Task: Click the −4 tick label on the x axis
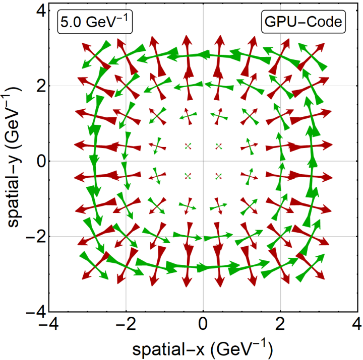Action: [48, 324]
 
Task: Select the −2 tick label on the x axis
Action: [126, 324]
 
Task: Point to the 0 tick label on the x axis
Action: [203, 324]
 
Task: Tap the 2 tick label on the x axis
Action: [280, 324]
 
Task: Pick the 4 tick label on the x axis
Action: [357, 324]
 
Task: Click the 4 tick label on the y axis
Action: [41, 11]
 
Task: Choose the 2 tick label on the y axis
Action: [41, 86]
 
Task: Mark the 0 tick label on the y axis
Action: [41, 161]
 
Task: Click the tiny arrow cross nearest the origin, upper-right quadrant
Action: [219, 146]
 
